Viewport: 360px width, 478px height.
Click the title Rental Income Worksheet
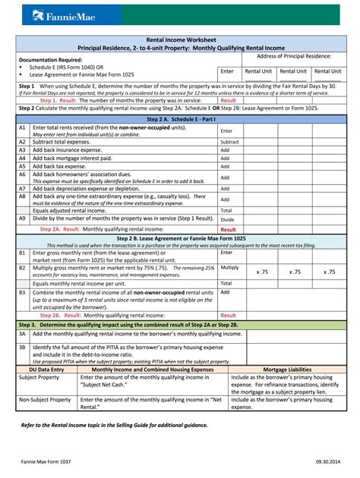coord(179,39)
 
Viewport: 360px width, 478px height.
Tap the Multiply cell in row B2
coord(229,268)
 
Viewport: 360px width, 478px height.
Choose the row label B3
coord(23,292)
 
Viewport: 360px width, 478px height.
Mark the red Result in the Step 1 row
coord(228,100)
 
